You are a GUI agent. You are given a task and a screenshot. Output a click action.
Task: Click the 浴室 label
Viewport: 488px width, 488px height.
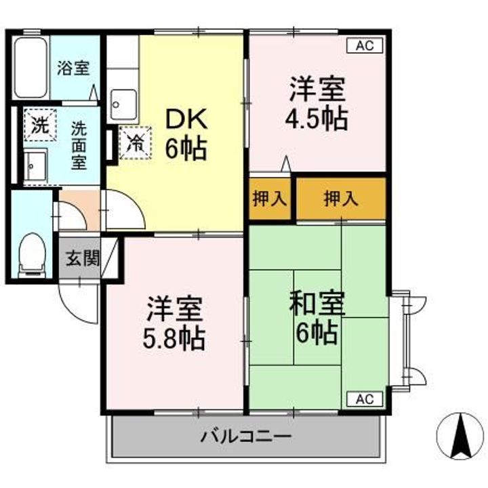[x=73, y=68]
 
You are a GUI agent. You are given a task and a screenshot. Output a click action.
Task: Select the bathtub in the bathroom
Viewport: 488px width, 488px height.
[x=31, y=67]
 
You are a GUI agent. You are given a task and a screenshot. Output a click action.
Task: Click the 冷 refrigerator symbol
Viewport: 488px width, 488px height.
[x=134, y=142]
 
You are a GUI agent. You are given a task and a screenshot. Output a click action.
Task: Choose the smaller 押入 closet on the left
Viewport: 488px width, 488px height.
[x=270, y=199]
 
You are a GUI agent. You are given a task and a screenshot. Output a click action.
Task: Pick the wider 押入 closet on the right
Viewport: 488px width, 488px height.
[x=341, y=199]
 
